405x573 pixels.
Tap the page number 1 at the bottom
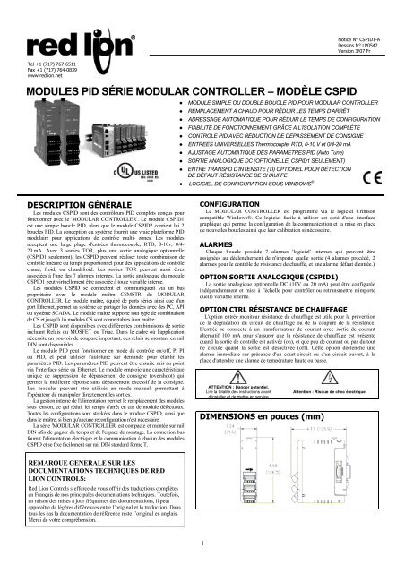click(202, 565)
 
